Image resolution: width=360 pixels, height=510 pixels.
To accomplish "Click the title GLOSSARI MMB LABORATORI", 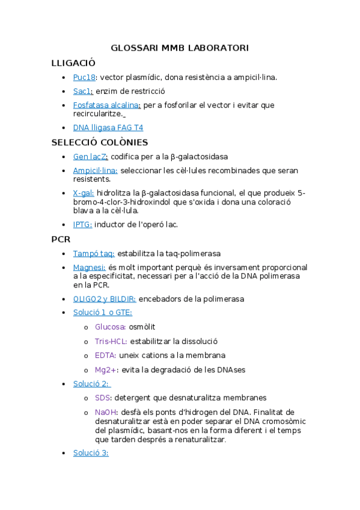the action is click(180, 48).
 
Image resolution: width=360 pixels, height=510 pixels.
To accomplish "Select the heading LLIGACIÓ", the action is click(73, 63).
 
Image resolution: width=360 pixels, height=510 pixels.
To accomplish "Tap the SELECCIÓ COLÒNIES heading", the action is click(100, 143).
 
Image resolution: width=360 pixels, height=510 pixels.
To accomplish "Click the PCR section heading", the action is click(61, 239).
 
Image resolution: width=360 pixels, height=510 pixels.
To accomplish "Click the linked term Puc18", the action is click(85, 77).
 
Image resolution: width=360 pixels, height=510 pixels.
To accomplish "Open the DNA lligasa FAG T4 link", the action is click(108, 127).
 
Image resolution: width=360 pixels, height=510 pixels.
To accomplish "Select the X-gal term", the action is click(84, 193).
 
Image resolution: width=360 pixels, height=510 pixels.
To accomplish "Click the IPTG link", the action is click(82, 224).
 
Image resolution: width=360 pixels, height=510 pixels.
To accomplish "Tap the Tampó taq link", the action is click(94, 253).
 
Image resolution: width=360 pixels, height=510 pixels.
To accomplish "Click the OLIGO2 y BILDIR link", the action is click(105, 298).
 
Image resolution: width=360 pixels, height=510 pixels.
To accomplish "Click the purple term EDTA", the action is click(105, 355).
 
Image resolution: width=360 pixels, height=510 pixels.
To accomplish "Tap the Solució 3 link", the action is click(91, 452).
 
